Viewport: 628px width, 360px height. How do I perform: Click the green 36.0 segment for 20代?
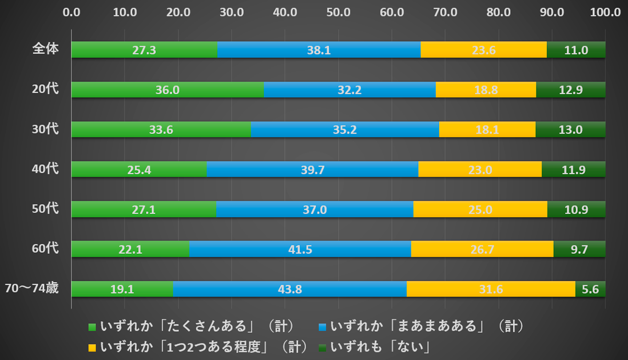coord(167,90)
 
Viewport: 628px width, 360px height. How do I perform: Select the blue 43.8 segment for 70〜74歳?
coord(290,289)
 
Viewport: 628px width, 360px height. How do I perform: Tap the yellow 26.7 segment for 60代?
coord(482,249)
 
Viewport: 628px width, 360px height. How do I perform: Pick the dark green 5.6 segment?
coord(590,289)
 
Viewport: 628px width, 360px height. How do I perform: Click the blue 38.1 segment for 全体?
coord(319,50)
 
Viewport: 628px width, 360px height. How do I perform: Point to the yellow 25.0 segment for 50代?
coord(480,209)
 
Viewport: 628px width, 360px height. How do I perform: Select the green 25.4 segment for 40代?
coord(139,170)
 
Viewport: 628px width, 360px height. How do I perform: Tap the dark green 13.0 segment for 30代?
coord(570,130)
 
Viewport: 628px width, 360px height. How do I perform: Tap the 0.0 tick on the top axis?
coord(72,12)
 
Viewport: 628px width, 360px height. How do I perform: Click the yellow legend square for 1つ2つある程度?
coord(92,347)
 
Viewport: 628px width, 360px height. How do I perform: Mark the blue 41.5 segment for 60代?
coord(300,249)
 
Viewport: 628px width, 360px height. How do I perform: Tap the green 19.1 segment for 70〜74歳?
coord(122,289)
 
